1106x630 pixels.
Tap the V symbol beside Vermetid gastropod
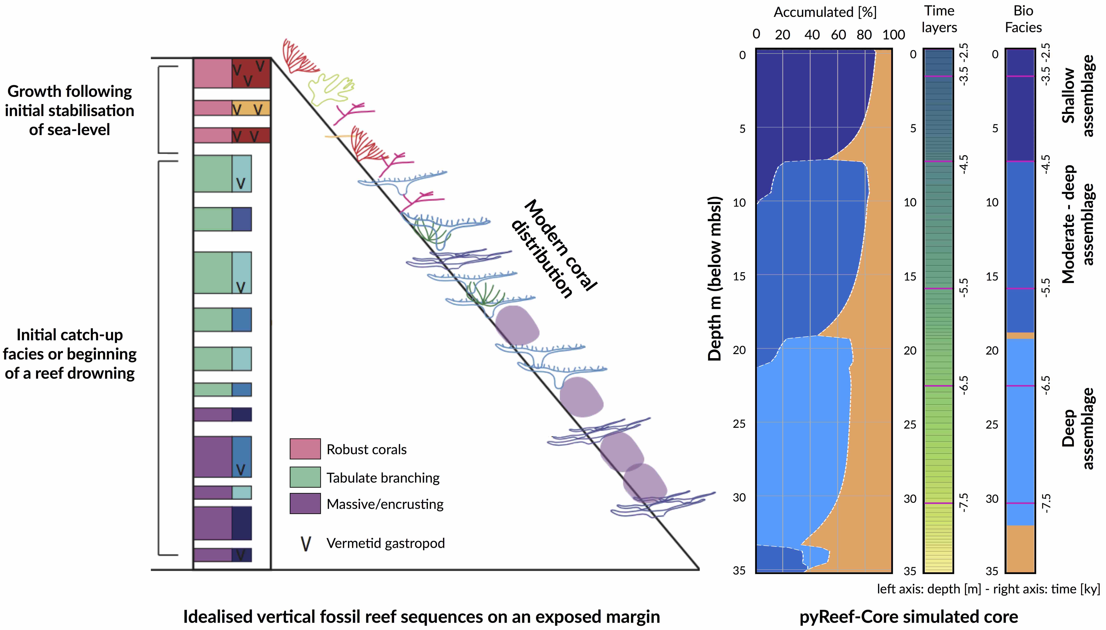click(x=306, y=543)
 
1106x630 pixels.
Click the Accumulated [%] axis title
click(x=825, y=12)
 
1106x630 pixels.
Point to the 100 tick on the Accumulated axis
click(x=893, y=35)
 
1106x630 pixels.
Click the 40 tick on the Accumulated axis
click(x=812, y=35)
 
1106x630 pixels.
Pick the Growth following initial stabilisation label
click(x=70, y=110)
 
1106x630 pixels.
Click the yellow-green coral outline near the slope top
click(x=331, y=89)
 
